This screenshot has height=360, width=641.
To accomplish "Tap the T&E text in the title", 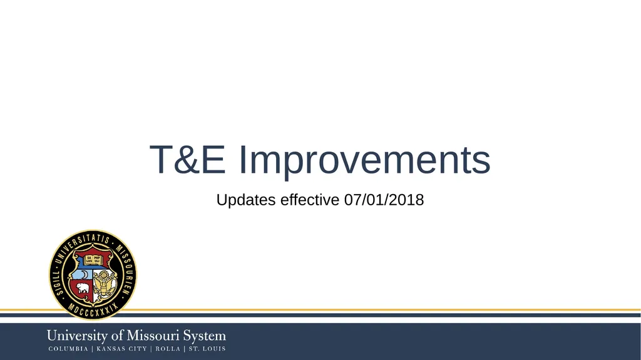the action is coord(188,160).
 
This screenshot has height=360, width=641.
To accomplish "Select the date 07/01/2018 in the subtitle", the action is coord(384,200).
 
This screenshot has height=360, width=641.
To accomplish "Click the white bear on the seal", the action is coord(83,289).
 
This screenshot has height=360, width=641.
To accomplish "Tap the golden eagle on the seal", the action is coord(105,284).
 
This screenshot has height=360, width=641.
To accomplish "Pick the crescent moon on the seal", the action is coord(84,274).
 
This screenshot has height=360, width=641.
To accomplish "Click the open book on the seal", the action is coord(93,259).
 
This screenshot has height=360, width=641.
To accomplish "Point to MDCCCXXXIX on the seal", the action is coord(93,310).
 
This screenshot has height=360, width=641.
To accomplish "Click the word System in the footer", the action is coord(205,336).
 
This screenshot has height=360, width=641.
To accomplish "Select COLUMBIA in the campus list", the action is coord(68,349).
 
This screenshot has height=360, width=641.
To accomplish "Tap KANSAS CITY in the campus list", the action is coord(121,349).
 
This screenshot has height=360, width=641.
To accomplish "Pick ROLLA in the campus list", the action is coord(168,349).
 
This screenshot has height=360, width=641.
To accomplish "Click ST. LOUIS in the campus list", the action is coord(207,349).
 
